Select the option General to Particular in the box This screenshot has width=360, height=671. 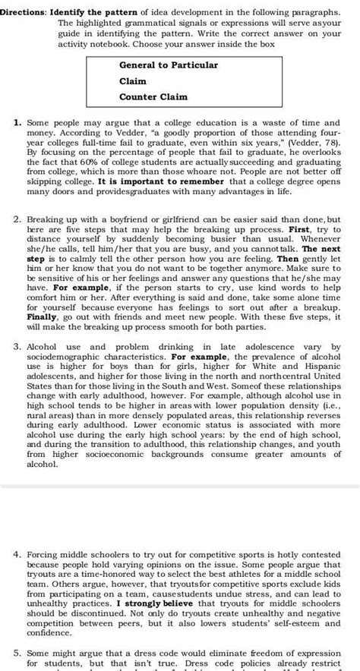[168, 65]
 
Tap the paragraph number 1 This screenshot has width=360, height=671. [17, 122]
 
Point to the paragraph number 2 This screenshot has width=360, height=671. [17, 220]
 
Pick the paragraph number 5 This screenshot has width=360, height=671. [17, 652]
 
